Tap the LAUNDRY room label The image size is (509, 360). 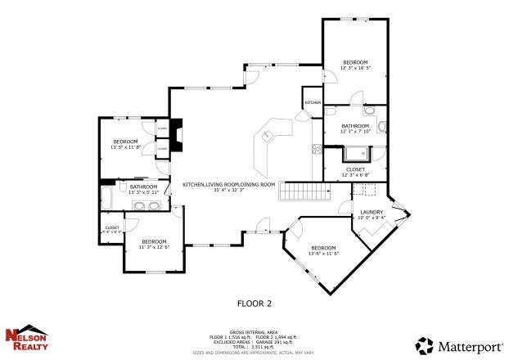click(x=372, y=212)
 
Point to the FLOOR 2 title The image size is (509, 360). click(x=254, y=304)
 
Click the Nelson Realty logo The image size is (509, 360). click(x=26, y=339)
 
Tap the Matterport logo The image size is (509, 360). click(x=457, y=344)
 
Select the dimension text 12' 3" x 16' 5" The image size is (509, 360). click(x=355, y=69)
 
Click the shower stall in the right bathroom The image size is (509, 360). click(x=357, y=153)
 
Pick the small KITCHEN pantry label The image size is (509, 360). click(x=313, y=102)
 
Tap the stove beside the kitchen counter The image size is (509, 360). click(x=316, y=149)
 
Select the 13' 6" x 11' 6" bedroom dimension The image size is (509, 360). click(x=323, y=254)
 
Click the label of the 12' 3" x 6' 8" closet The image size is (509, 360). click(x=355, y=169)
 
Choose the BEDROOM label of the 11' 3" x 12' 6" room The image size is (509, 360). click(x=154, y=241)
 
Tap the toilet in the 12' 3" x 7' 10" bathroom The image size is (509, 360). click(x=381, y=126)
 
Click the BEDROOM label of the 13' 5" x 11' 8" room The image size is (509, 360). click(x=125, y=142)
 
